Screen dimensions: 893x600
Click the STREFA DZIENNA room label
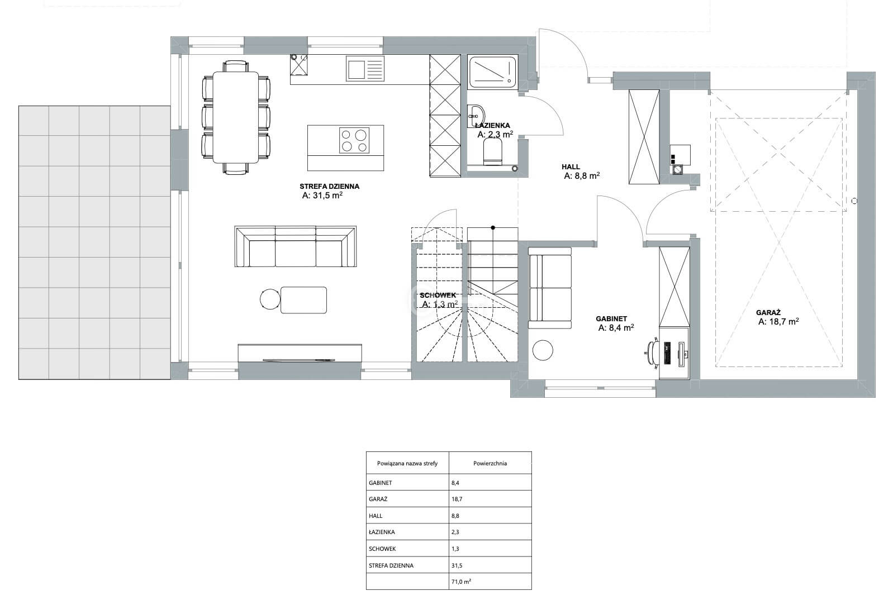pyautogui.click(x=329, y=186)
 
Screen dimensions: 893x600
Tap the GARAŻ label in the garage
pyautogui.click(x=768, y=313)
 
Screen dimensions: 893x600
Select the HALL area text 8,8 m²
pyautogui.click(x=582, y=176)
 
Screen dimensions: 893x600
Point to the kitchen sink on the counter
pyautogui.click(x=365, y=69)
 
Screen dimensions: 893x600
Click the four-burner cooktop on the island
pyautogui.click(x=354, y=140)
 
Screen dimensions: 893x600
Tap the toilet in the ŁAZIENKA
pyautogui.click(x=493, y=152)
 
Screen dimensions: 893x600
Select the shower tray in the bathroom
pyautogui.click(x=492, y=72)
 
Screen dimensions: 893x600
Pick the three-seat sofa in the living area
pyautogui.click(x=296, y=246)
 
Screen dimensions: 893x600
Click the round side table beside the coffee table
pyautogui.click(x=270, y=299)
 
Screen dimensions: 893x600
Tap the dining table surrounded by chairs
pyautogui.click(x=236, y=117)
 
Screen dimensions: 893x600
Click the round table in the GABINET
pyautogui.click(x=543, y=350)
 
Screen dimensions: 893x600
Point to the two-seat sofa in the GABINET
pyautogui.click(x=550, y=288)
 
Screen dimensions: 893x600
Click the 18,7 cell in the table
pyautogui.click(x=457, y=499)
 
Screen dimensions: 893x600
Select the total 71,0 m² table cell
pyautogui.click(x=461, y=582)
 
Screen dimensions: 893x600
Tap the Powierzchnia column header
pyautogui.click(x=490, y=463)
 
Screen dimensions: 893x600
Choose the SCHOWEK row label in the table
pyautogui.click(x=382, y=549)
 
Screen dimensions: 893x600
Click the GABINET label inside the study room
pyautogui.click(x=611, y=318)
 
